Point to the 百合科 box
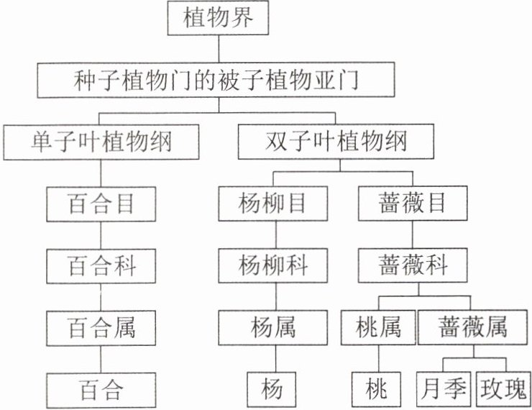101,266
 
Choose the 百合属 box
101,329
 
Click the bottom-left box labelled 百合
101,390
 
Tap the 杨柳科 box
271,266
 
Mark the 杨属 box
271,329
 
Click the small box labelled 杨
271,390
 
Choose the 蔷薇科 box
413,266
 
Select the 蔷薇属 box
472,329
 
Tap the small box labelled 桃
375,390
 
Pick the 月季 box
443,390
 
